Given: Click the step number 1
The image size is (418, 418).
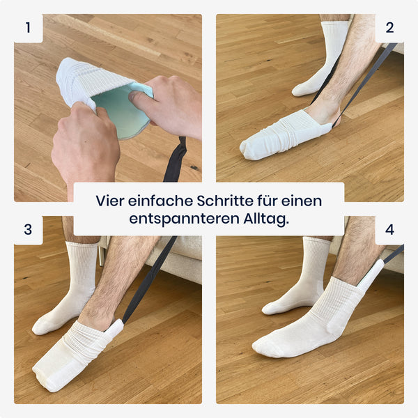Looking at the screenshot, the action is point(28,28).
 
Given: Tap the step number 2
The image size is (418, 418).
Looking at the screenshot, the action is point(389,28).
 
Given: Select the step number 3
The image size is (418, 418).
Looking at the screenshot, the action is point(28,229).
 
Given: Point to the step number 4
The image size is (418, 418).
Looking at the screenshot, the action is point(389,229).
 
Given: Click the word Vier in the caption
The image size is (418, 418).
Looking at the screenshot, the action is point(110,201).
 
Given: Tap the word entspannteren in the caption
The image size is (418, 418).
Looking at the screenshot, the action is point(184,219).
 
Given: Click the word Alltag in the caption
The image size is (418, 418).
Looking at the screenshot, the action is point(266,219).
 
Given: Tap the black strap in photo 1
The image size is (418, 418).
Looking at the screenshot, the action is point(175,160).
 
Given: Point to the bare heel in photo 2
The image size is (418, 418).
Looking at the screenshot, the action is point(324,112).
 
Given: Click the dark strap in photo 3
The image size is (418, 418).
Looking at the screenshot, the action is point(150,280).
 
